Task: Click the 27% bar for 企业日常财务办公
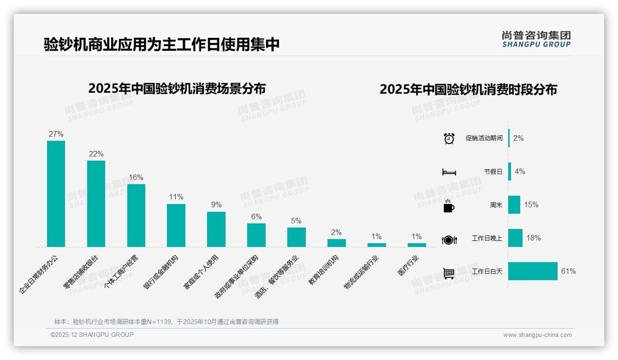point(56,194)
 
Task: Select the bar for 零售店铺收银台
point(96,204)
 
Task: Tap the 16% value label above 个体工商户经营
point(136,177)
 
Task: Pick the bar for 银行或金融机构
point(176,225)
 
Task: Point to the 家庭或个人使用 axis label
point(201,272)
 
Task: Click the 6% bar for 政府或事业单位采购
point(256,235)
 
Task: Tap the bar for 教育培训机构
point(337,243)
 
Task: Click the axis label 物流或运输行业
point(361,273)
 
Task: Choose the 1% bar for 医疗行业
point(417,245)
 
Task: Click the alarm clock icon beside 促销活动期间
point(449,138)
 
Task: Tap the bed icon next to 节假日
point(449,172)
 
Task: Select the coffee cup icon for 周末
point(449,206)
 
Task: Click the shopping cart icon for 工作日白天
point(449,273)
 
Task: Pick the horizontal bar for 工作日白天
point(533,271)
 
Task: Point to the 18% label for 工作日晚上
point(534,238)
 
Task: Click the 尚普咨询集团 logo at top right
point(536,39)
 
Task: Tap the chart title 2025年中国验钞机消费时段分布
point(468,89)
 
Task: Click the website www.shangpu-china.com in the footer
point(537,335)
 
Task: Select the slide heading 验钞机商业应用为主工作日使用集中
point(162,45)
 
